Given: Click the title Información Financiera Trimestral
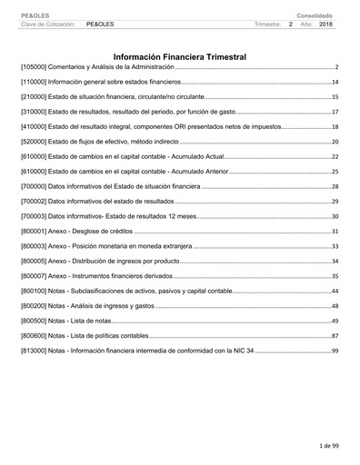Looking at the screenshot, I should [180, 56].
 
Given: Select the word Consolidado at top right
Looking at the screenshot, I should [315, 15].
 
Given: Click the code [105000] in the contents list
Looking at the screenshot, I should [35, 68].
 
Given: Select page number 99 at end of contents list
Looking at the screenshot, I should [335, 350].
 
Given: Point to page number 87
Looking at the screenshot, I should [335, 335].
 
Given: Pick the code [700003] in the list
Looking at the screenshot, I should [35, 216].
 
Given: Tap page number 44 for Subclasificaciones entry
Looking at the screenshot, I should [335, 291].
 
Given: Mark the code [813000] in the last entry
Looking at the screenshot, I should [35, 350].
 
